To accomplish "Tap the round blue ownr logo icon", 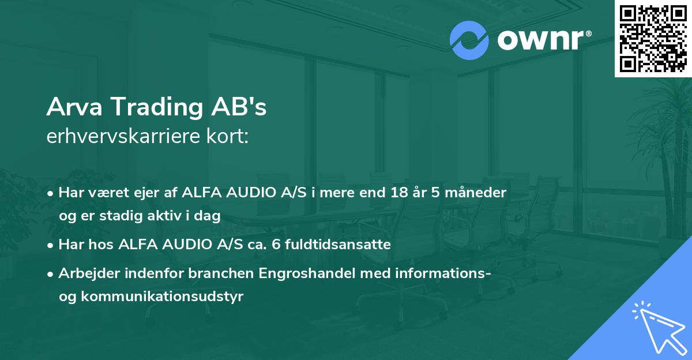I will click(x=469, y=40).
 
